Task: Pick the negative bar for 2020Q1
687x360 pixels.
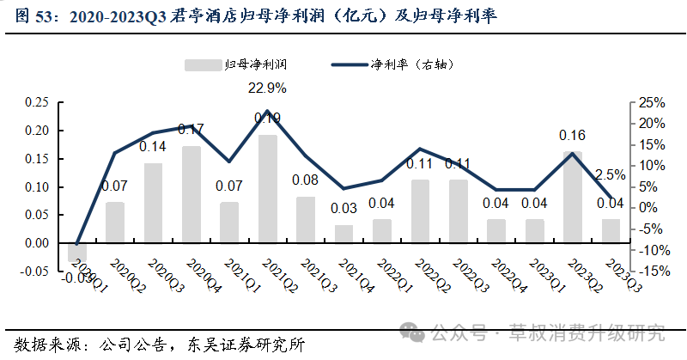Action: pos(76,252)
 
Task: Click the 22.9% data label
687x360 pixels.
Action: pos(267,88)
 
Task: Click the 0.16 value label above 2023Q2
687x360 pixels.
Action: pos(572,135)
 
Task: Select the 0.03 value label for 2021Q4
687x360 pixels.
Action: pos(343,208)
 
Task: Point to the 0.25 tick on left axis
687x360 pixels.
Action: pos(36,102)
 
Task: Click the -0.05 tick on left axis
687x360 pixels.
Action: pos(34,272)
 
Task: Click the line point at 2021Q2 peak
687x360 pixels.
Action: pos(268,111)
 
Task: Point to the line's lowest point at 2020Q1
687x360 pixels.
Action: pos(76,244)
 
